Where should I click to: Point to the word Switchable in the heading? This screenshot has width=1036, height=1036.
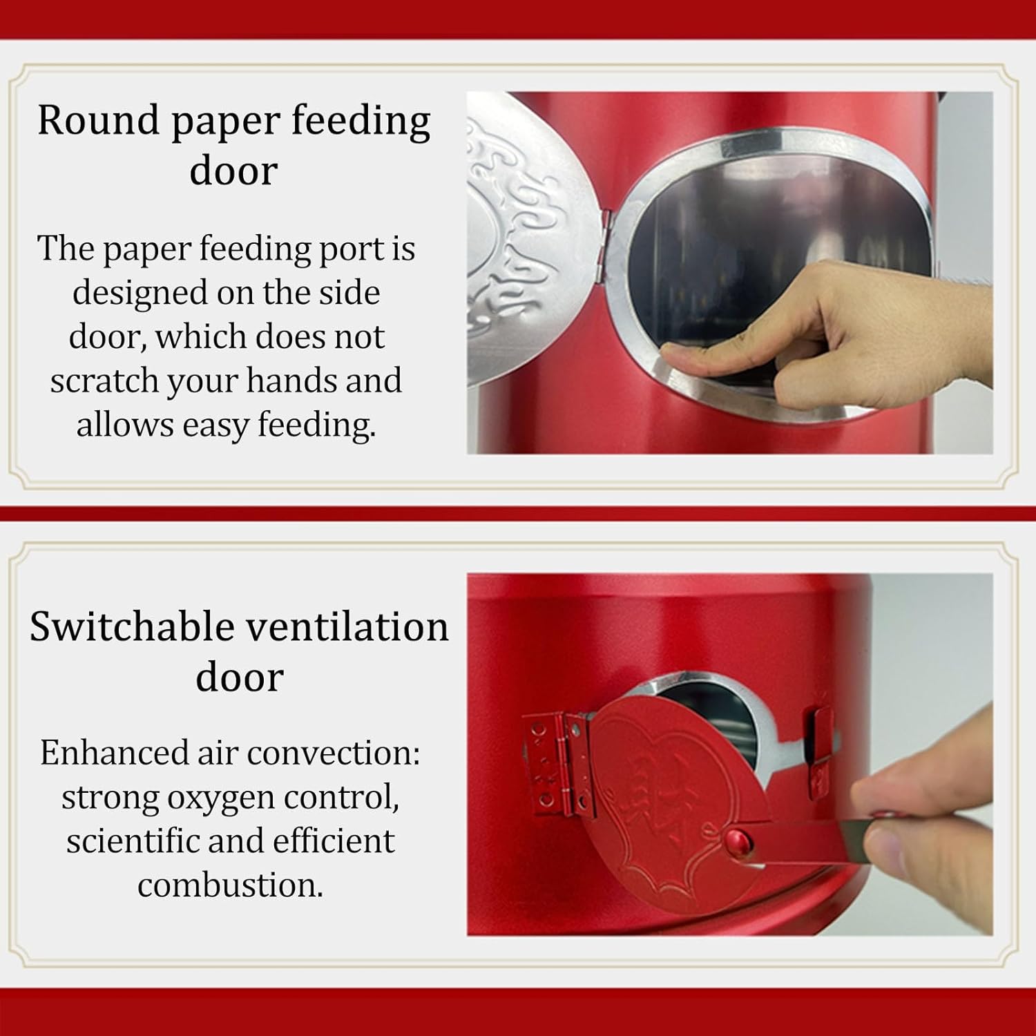(132, 627)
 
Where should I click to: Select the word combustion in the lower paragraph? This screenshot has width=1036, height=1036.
(230, 885)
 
